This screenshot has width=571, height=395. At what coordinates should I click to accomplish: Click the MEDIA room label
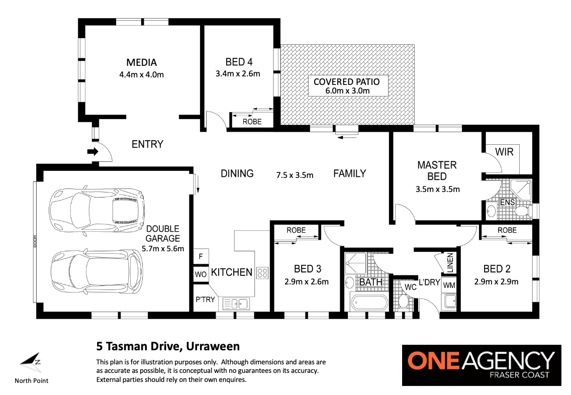click(x=142, y=63)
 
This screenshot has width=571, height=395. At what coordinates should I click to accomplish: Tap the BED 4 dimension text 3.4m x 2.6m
click(x=238, y=74)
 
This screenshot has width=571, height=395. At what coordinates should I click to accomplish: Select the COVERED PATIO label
click(x=347, y=82)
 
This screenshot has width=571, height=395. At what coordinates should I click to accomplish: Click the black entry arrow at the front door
click(x=93, y=151)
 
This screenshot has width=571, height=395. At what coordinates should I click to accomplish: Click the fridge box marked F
click(x=201, y=256)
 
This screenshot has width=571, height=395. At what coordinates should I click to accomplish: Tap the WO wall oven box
click(x=201, y=274)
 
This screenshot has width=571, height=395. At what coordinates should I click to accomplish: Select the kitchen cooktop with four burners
click(x=262, y=273)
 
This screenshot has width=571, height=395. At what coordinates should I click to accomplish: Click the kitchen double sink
click(x=236, y=304)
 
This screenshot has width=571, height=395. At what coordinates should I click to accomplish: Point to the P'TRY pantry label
click(x=205, y=300)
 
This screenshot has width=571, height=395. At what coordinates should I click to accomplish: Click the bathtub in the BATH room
click(x=369, y=302)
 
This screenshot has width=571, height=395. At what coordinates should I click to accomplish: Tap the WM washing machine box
click(x=449, y=285)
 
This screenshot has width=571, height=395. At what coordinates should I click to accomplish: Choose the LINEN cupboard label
click(x=450, y=263)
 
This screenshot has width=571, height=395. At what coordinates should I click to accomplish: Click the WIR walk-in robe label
click(x=504, y=152)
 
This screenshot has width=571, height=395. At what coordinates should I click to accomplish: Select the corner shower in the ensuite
click(x=520, y=190)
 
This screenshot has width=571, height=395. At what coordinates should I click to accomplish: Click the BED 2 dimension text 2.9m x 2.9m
click(x=496, y=282)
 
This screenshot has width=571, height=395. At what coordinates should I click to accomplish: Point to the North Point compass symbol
click(x=31, y=362)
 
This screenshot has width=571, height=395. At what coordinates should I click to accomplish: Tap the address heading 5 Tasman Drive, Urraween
click(x=168, y=346)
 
